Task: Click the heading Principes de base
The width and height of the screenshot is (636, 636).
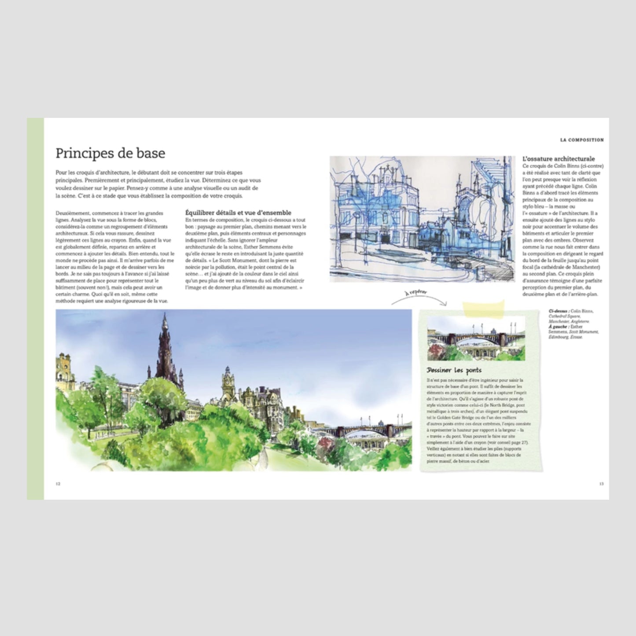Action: point(110,153)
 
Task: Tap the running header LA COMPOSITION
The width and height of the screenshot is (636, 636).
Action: point(581,140)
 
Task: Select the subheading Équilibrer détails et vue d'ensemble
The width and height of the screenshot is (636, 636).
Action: point(238,213)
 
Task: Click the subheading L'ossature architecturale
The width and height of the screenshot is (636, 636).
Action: point(559,158)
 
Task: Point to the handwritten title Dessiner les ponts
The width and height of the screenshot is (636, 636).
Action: point(454,370)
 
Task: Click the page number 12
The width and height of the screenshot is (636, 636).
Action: point(58,483)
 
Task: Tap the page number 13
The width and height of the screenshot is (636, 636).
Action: point(601,483)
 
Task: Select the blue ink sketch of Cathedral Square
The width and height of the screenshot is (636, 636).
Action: point(422,219)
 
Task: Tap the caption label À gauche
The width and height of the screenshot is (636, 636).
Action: point(557,327)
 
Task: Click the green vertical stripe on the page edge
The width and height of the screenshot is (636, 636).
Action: point(35,308)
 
